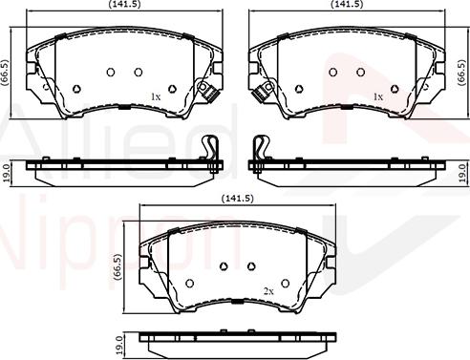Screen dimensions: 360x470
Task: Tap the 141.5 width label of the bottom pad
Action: tap(236, 198)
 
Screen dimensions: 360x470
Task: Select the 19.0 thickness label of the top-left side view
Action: tap(6, 173)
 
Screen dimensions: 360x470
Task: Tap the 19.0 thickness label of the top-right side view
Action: tap(461, 173)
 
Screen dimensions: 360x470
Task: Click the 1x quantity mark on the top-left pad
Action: tap(156, 96)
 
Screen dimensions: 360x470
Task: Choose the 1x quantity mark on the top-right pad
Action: tap(377, 96)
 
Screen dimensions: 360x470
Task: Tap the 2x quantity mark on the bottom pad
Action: tap(268, 289)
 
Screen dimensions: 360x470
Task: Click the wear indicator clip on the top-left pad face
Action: tap(206, 92)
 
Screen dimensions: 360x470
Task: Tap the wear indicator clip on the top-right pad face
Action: tap(261, 92)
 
